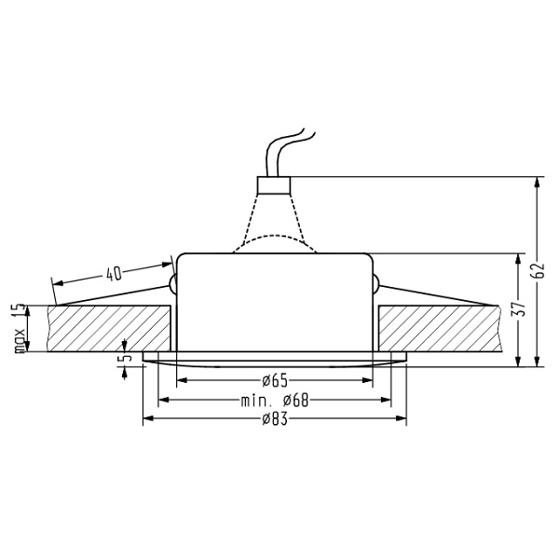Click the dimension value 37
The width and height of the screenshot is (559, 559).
tap(524, 307)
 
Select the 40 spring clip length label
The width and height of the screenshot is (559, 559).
tap(114, 274)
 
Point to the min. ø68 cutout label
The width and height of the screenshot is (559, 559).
tap(274, 401)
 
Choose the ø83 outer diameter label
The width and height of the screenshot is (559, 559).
tap(274, 420)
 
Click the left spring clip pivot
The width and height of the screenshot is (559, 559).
tap(173, 283)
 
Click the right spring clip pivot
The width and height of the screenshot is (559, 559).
tap(375, 283)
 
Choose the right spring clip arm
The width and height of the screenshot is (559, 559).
tap(433, 296)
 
